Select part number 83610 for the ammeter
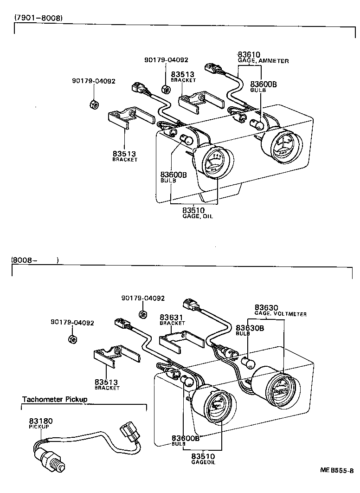(249, 55)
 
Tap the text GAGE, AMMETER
(263, 61)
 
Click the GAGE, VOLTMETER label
(280, 314)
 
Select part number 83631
(172, 317)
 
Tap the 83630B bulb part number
(250, 328)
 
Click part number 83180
(41, 421)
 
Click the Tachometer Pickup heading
(55, 399)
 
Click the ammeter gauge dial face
(280, 145)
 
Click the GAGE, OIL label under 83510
(200, 217)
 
